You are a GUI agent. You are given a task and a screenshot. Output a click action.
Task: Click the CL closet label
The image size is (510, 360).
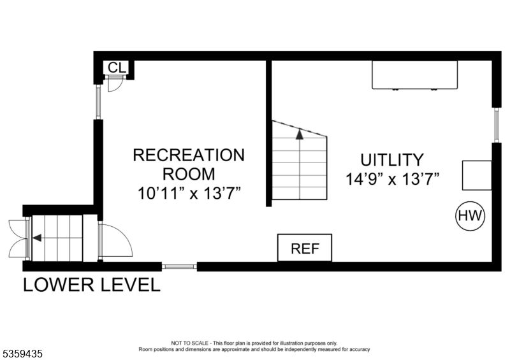(117, 68)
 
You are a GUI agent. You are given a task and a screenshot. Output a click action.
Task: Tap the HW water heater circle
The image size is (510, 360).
(470, 216)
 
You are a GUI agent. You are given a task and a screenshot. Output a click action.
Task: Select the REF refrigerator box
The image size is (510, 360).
(305, 248)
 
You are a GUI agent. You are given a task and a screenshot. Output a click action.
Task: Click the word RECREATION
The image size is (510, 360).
(189, 155)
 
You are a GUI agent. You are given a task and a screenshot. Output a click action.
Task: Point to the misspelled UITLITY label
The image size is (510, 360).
(392, 160)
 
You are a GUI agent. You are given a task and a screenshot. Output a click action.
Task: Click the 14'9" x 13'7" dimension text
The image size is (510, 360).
(393, 179)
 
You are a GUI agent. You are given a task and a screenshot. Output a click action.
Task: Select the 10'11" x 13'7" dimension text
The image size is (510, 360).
(189, 193)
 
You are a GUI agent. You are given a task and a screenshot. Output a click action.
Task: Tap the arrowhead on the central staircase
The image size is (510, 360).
(300, 134)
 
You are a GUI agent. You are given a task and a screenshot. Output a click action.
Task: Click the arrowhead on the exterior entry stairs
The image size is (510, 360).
(37, 238)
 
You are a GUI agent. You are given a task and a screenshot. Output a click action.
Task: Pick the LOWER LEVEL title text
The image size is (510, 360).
(92, 285)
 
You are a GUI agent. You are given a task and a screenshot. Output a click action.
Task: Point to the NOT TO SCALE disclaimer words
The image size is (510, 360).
(189, 343)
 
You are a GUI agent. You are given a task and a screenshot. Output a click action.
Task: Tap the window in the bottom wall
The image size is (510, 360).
(179, 267)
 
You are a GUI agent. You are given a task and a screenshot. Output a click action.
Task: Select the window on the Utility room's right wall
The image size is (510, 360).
(497, 125)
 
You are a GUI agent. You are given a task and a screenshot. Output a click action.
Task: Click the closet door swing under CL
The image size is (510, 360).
(115, 84)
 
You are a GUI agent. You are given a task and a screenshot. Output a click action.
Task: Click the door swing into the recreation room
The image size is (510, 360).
(115, 240)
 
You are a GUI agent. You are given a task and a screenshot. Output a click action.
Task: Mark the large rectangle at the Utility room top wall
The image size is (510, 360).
(415, 75)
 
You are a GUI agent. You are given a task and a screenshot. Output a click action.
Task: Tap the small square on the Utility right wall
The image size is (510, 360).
(477, 175)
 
